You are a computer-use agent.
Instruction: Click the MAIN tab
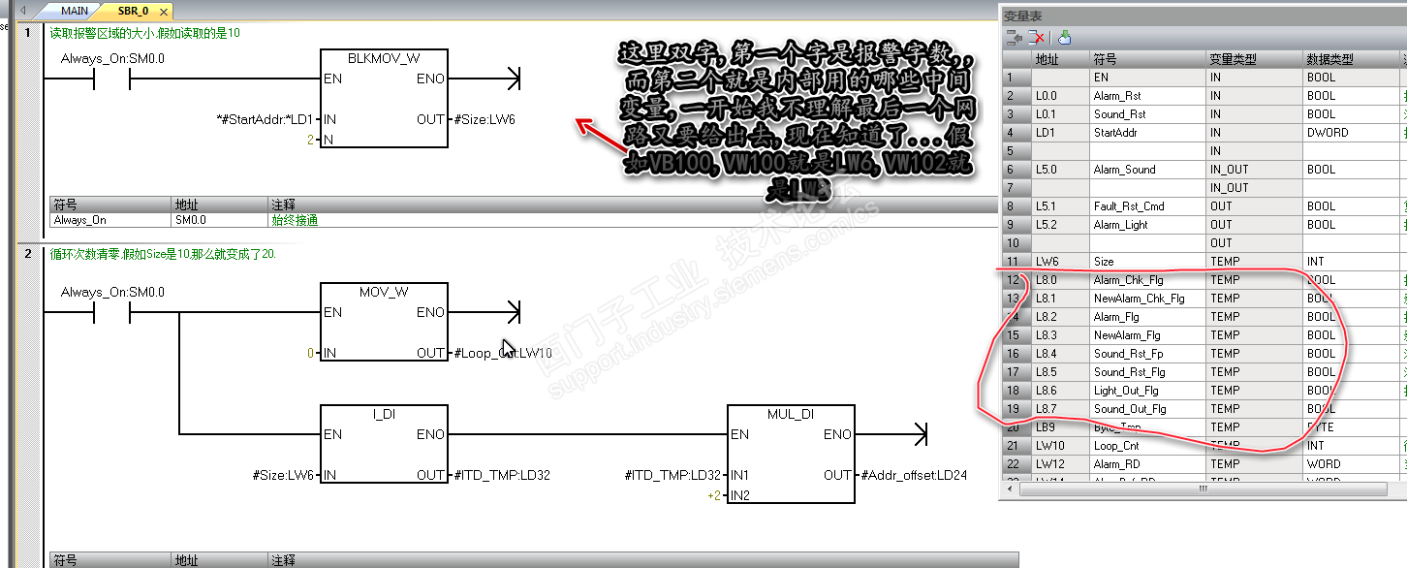tap(74, 11)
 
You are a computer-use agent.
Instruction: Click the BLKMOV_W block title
tap(383, 57)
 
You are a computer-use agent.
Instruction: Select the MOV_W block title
tap(383, 291)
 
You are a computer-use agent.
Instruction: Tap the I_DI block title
tap(383, 414)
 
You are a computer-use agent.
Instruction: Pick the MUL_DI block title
tap(791, 414)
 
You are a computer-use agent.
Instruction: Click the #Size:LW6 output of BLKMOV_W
tap(485, 119)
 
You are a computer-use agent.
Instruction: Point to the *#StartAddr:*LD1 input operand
tap(265, 119)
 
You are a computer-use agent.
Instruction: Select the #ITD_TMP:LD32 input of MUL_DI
tap(673, 475)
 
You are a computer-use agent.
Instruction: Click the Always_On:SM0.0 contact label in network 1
tap(112, 58)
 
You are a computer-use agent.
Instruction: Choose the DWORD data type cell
tap(1327, 133)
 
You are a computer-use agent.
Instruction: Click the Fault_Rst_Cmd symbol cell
tap(1129, 206)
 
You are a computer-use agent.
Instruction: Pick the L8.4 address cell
tap(1047, 354)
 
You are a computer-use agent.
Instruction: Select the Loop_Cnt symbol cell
tap(1116, 446)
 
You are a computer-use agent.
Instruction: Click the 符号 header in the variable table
tap(1105, 59)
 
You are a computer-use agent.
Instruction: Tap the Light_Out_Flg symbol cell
tap(1126, 391)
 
